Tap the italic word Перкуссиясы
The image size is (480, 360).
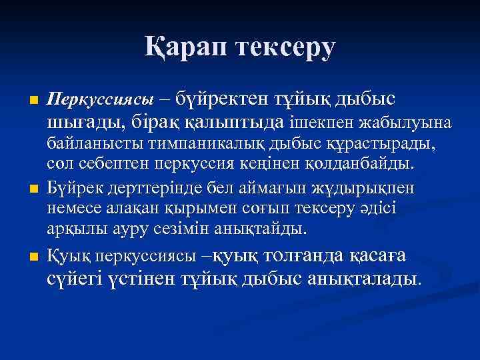pyautogui.click(x=101, y=100)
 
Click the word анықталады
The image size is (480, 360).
pyautogui.click(x=363, y=277)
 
